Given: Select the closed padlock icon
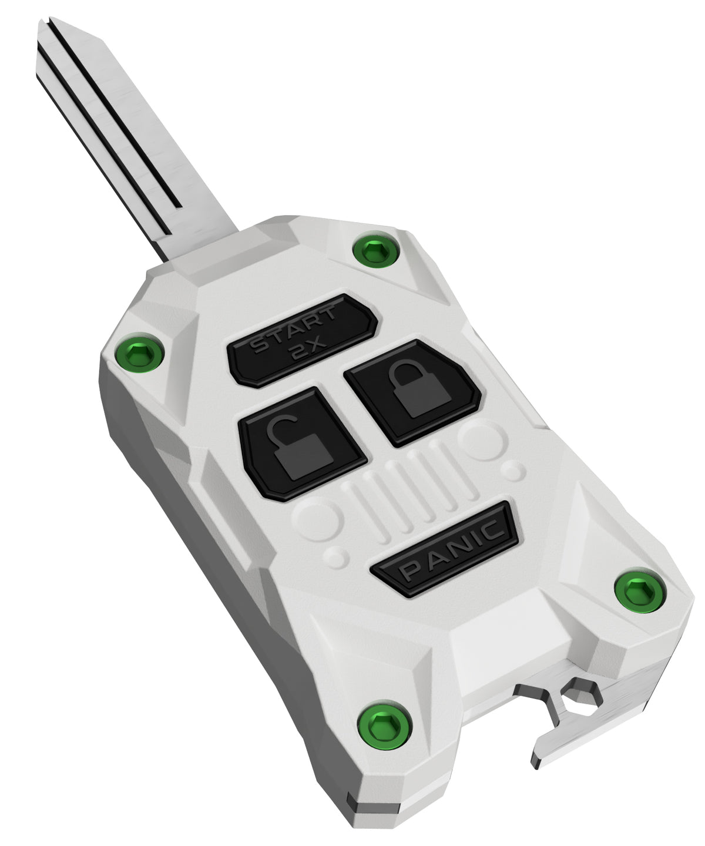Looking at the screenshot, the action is [x=419, y=388].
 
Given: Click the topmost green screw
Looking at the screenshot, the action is [x=375, y=250].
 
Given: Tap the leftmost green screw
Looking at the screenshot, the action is [x=139, y=354].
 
